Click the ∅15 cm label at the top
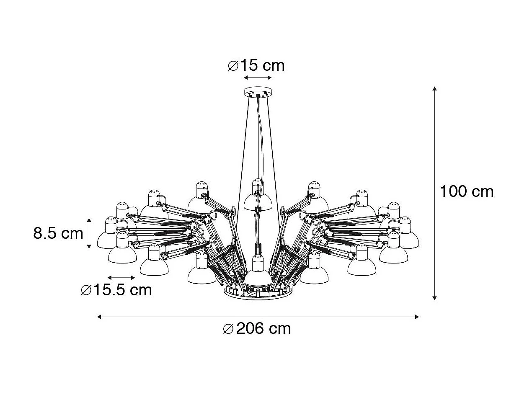(x=256, y=66)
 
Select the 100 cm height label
(x=466, y=192)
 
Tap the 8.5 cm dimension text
(x=58, y=233)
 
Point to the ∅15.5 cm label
(x=116, y=290)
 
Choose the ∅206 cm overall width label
(x=257, y=329)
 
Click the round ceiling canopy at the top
(x=258, y=91)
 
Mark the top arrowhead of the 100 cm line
(x=435, y=89)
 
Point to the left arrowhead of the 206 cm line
(x=99, y=317)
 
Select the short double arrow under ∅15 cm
(x=258, y=78)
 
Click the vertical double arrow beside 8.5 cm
(x=89, y=233)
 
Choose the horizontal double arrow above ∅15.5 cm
(x=121, y=278)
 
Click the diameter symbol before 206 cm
(x=228, y=329)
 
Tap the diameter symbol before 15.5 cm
(x=86, y=290)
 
